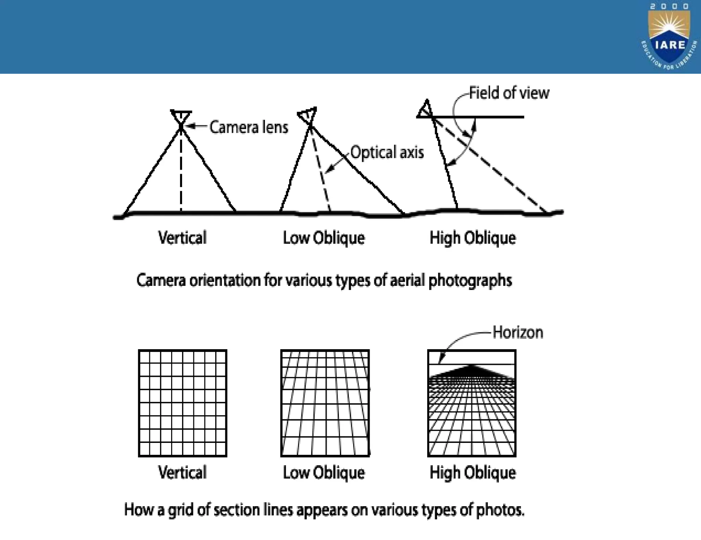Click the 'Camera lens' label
pos(248,127)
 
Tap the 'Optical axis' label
pos(387,152)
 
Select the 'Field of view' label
pos(509,93)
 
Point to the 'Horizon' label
pos(518,332)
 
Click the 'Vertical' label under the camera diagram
pos(182,238)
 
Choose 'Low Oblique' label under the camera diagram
pos(323,238)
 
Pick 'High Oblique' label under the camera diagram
pos(472,238)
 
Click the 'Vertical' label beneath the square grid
pos(182,472)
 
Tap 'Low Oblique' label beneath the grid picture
pos(323,472)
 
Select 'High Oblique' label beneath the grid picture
pos(472,472)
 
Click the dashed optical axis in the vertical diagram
pos(181,171)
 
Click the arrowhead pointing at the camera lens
pos(190,126)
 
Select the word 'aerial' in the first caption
pos(409,280)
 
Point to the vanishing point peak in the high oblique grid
pos(472,366)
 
